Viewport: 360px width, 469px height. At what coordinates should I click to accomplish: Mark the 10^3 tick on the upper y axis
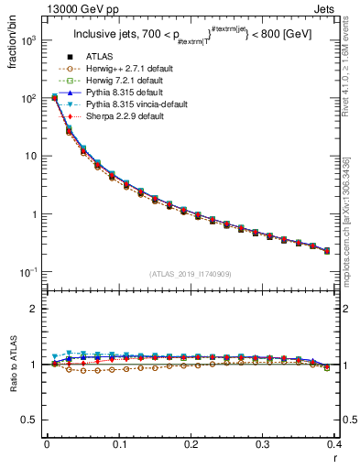pos(31,42)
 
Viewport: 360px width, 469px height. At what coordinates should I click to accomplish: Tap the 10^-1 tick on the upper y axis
pos(31,273)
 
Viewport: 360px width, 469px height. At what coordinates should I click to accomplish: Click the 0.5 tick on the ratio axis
pos(29,420)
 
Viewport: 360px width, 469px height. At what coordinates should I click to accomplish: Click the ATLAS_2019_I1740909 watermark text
pos(191,274)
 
